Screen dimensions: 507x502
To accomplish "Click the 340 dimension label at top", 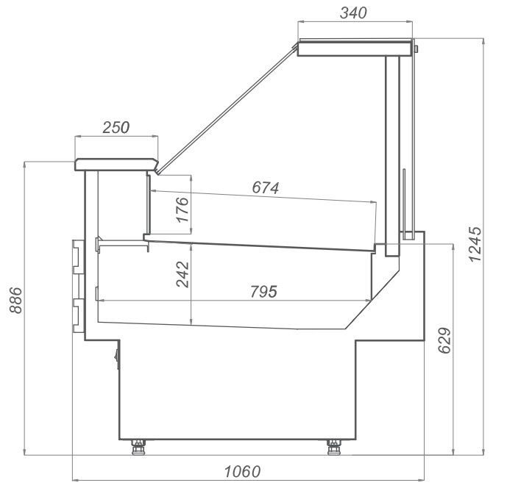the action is click(x=353, y=13).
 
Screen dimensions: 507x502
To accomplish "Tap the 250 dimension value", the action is click(x=116, y=128).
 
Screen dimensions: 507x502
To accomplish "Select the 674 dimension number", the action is click(x=265, y=188).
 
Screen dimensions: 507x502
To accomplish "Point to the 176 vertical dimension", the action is click(x=182, y=209).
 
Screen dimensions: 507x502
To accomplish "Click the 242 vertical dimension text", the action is click(x=182, y=274).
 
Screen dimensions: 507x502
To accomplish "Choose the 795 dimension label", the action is click(x=264, y=292).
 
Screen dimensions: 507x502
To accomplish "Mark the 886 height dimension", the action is click(x=15, y=301).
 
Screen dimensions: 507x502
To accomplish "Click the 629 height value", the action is click(x=444, y=340).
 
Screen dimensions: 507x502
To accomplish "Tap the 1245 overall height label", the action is click(x=475, y=245).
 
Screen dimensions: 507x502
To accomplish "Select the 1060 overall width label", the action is click(x=243, y=472).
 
